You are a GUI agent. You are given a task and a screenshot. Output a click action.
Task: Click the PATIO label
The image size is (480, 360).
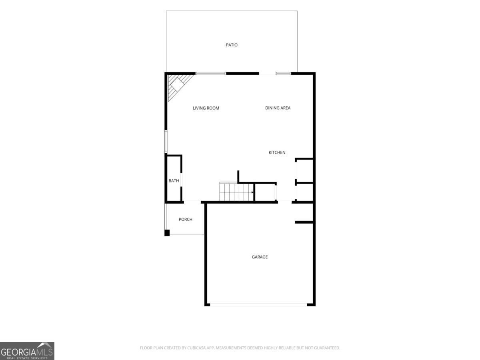click(232, 45)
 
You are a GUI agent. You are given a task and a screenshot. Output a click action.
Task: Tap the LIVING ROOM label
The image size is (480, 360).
click(206, 108)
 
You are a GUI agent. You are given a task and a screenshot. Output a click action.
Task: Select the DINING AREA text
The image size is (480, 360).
click(278, 108)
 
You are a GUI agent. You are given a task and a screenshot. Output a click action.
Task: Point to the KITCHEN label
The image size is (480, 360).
click(277, 152)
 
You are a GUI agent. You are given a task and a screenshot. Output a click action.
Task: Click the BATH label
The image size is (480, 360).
click(174, 181)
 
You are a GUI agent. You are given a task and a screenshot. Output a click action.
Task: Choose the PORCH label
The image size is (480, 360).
click(186, 219)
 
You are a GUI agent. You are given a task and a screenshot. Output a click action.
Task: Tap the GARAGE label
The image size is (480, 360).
click(260, 257)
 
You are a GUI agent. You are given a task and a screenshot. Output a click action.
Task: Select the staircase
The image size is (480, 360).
click(236, 192)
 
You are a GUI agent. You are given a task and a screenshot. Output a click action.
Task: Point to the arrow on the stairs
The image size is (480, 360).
click(252, 192)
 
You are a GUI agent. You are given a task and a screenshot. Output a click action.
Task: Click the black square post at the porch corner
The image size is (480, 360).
click(167, 233)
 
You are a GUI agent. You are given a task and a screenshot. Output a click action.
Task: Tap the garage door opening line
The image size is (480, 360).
click(258, 304)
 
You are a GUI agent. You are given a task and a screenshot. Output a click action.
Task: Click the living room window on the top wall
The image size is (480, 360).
click(210, 74)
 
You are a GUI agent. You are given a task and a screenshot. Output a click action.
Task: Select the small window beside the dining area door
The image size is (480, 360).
click(284, 74)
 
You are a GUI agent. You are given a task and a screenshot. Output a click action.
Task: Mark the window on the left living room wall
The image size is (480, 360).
click(166, 142)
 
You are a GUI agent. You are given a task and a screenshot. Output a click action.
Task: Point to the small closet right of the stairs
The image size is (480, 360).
click(265, 192)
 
